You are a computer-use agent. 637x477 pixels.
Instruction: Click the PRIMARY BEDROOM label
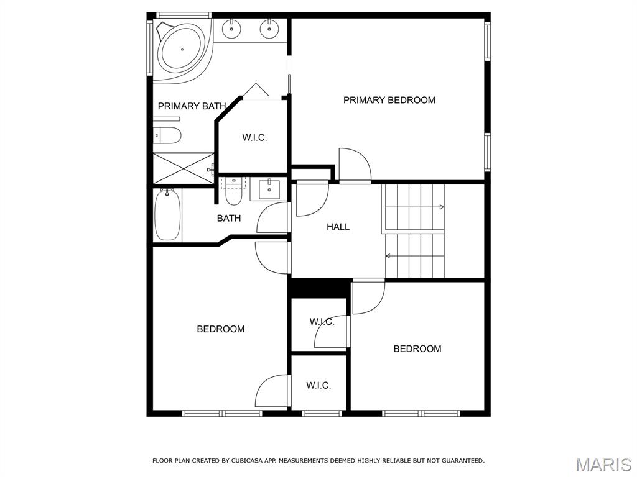[x=389, y=100]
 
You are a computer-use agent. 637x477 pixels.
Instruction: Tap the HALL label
[x=338, y=227]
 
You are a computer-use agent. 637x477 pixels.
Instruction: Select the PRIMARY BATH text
[x=192, y=106]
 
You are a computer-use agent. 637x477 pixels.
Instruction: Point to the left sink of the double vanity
[x=231, y=29]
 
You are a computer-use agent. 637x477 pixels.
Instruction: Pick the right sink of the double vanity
[x=269, y=29]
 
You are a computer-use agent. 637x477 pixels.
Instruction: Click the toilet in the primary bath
[x=167, y=135]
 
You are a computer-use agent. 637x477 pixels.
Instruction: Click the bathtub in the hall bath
[x=167, y=215]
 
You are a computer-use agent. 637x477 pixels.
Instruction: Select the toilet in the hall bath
[x=234, y=192]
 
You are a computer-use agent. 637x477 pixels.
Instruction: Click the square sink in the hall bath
[x=269, y=190]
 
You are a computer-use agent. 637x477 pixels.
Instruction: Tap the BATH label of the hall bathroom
[x=229, y=218]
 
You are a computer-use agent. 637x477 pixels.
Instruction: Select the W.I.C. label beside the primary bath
[x=254, y=137]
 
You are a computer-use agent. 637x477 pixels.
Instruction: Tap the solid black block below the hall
[x=319, y=288]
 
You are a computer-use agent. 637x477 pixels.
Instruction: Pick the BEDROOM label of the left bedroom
[x=221, y=329]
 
